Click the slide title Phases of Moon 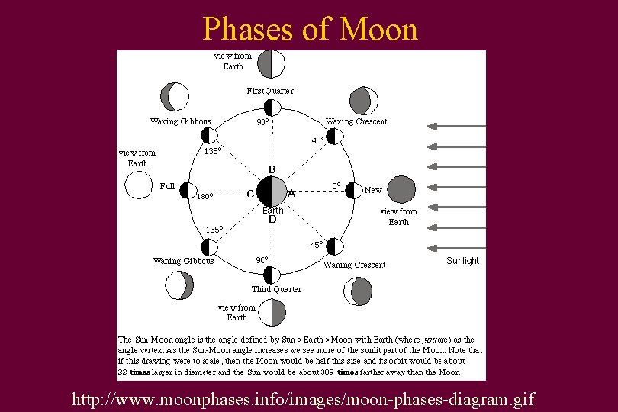[x=310, y=29]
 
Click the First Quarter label [x=270, y=91]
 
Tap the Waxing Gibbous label [x=181, y=121]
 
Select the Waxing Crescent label [x=356, y=121]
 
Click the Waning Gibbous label [x=183, y=261]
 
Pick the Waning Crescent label [x=355, y=265]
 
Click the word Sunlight [x=462, y=261]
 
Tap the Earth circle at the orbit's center [x=272, y=191]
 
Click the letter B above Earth [x=272, y=169]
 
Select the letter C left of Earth [x=250, y=194]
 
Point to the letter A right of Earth [x=291, y=194]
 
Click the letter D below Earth [x=272, y=220]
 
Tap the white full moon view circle [x=138, y=185]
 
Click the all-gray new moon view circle [x=402, y=189]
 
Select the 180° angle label [x=204, y=197]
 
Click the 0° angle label [x=335, y=185]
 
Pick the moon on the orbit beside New [x=353, y=190]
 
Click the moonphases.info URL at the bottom [x=304, y=398]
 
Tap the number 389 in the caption [x=326, y=372]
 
